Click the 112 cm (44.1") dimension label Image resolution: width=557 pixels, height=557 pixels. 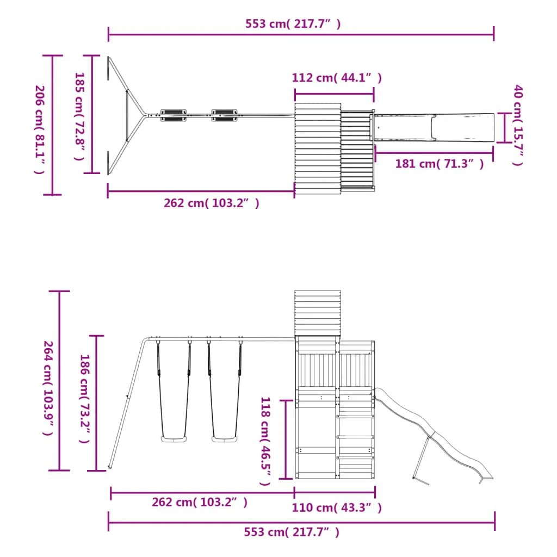pyautogui.click(x=336, y=77)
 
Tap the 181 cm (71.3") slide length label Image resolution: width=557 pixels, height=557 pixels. pyautogui.click(x=440, y=164)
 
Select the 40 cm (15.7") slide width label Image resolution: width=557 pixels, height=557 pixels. pyautogui.click(x=518, y=125)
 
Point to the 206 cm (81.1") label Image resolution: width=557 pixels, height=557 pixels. pyautogui.click(x=39, y=129)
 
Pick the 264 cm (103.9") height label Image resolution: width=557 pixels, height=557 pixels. pyautogui.click(x=48, y=388)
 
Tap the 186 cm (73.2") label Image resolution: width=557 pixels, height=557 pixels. pyautogui.click(x=84, y=399)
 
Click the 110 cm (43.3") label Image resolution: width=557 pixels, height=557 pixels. pyautogui.click(x=336, y=508)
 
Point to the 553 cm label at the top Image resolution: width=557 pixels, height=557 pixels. pyautogui.click(x=293, y=24)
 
